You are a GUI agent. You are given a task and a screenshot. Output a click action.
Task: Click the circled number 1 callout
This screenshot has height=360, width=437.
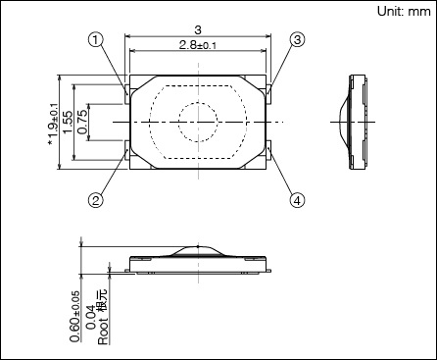(95, 40)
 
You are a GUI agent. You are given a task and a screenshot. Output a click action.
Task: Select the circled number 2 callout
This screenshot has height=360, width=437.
(95, 200)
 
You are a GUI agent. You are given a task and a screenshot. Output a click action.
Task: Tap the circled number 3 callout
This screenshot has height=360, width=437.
(297, 40)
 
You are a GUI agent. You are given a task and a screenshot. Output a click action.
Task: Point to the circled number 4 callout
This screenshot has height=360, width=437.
(297, 200)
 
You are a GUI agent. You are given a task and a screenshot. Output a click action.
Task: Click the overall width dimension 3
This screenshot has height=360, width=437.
(198, 29)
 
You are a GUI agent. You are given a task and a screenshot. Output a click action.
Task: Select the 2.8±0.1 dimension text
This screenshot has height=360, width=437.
(198, 45)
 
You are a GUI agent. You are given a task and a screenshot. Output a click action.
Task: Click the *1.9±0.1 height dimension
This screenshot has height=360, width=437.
(53, 125)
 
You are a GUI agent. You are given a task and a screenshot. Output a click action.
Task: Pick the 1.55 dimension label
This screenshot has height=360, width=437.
(68, 122)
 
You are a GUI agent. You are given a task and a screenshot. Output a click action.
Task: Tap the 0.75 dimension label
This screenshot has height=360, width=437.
(82, 122)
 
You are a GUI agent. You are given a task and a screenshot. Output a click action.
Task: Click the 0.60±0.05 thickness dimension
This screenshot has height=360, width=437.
(74, 316)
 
